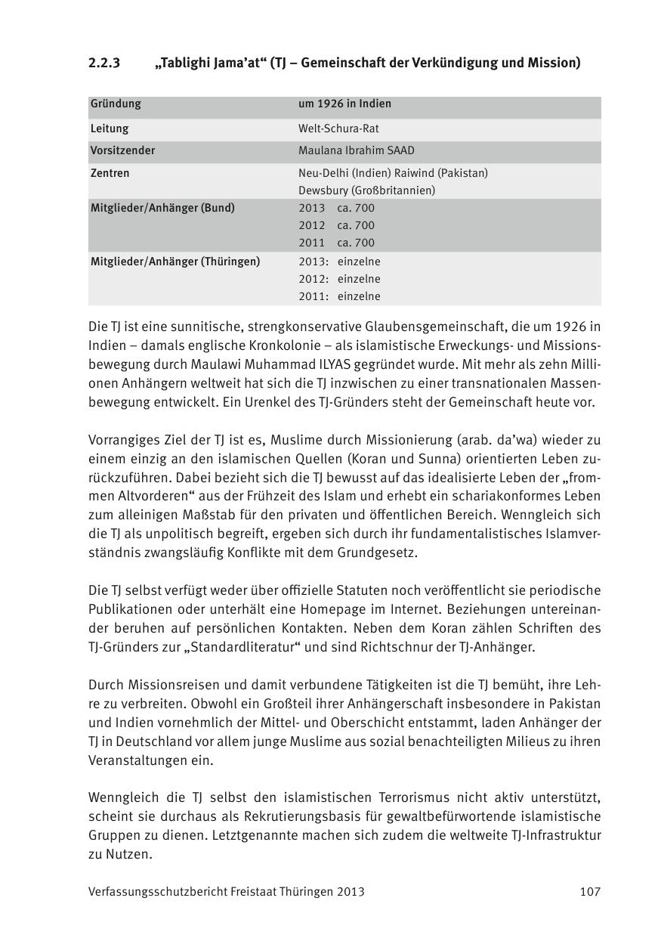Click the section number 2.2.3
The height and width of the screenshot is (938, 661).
pyautogui.click(x=104, y=63)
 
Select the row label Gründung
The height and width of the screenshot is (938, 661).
pyautogui.click(x=116, y=104)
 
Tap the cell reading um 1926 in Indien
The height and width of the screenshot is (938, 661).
pyautogui.click(x=344, y=104)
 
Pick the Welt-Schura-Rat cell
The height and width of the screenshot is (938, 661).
pyautogui.click(x=338, y=128)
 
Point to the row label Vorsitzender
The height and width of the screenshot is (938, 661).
pyautogui.click(x=122, y=150)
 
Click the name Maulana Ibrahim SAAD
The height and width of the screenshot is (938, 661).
pyautogui.click(x=356, y=150)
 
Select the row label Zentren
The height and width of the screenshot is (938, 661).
pyautogui.click(x=110, y=173)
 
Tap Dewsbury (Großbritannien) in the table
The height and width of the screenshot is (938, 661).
pyautogui.click(x=366, y=190)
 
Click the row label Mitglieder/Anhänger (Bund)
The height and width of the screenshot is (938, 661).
pyautogui.click(x=162, y=208)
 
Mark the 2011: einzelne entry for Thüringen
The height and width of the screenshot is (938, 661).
pyautogui.click(x=339, y=296)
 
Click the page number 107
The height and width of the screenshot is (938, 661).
pyautogui.click(x=590, y=892)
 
